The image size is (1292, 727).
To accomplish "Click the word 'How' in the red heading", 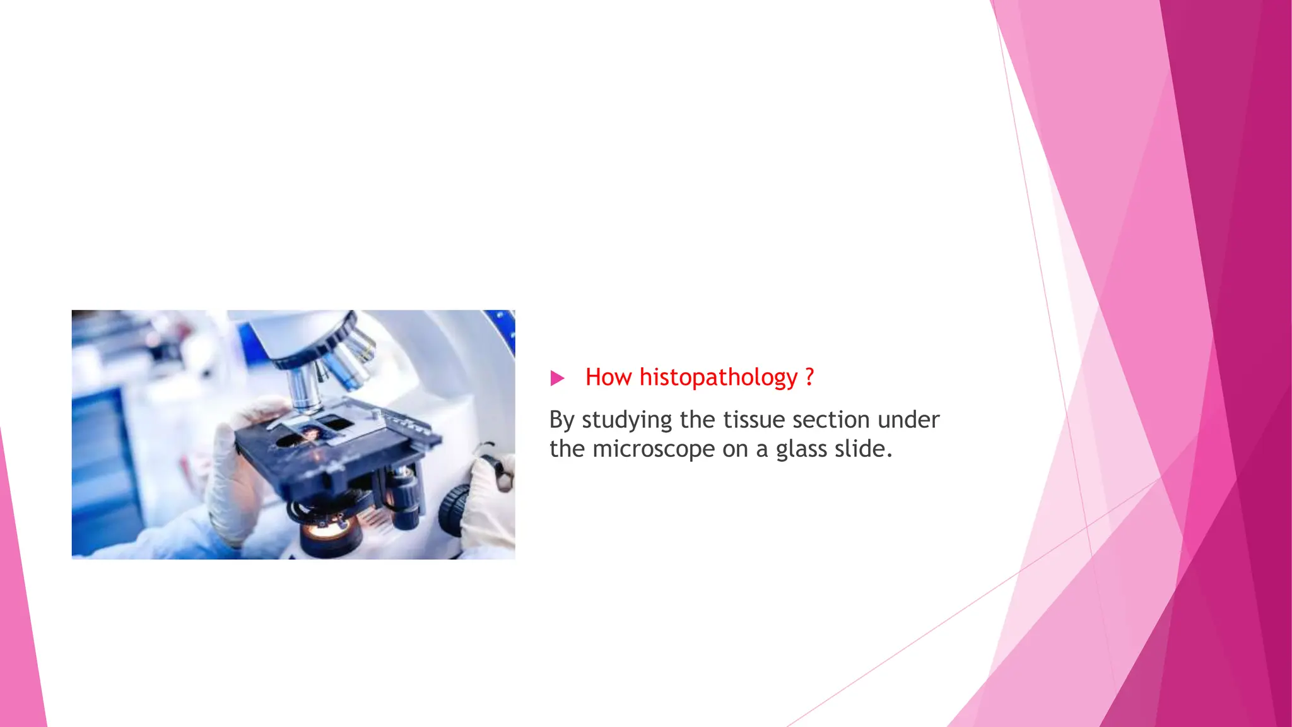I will (608, 377).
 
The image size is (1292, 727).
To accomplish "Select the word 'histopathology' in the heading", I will (719, 377).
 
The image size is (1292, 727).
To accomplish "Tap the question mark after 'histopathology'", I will (809, 377).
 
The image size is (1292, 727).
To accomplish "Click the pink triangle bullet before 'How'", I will (557, 378).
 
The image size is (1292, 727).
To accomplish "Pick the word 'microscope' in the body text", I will (654, 449).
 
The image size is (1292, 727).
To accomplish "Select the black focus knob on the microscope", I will (454, 509).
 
